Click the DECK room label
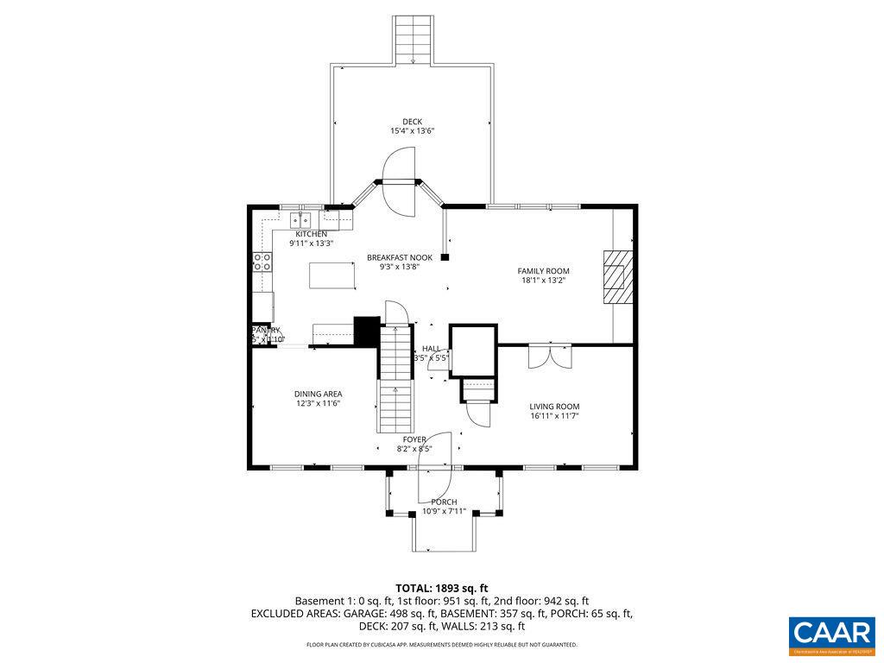(x=412, y=122)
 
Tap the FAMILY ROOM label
(x=543, y=271)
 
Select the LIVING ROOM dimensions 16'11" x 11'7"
(x=554, y=416)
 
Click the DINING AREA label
(x=318, y=394)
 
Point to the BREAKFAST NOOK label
(x=399, y=257)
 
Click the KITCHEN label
(x=311, y=234)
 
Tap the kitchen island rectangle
(x=332, y=276)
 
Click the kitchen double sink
(x=303, y=218)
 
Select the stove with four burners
(x=261, y=262)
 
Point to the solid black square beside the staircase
(x=367, y=331)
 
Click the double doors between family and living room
(x=550, y=355)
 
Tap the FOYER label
(x=414, y=439)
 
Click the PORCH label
(x=444, y=502)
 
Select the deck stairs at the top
(x=414, y=40)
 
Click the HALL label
(x=431, y=349)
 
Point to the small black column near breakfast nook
(x=445, y=256)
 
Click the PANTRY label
(x=266, y=330)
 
